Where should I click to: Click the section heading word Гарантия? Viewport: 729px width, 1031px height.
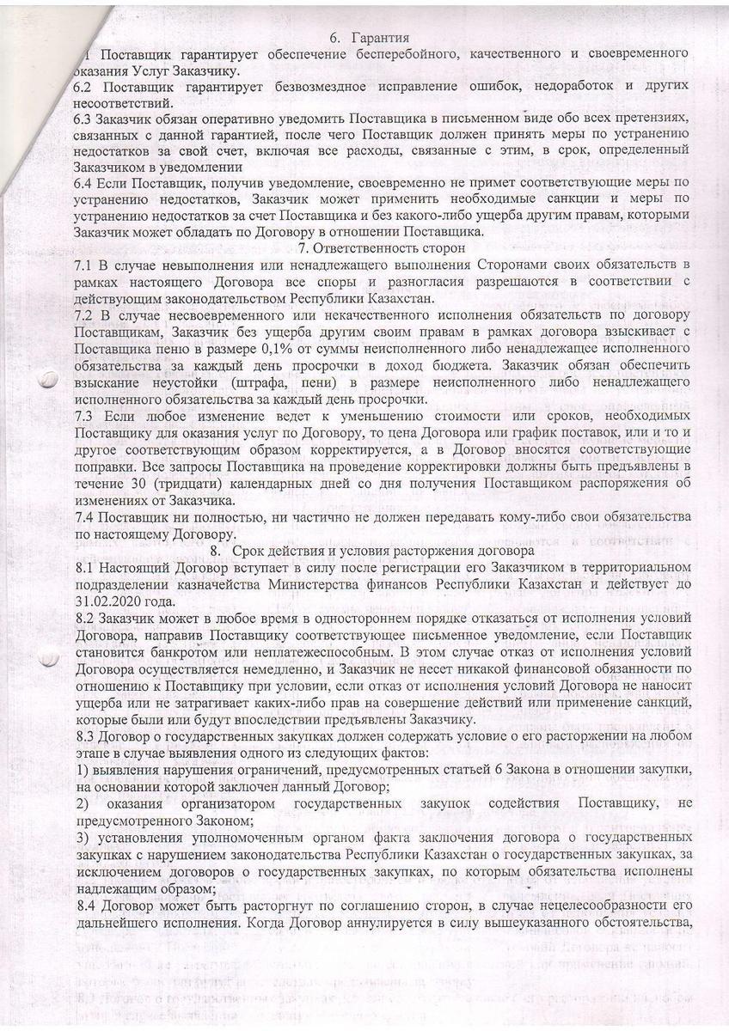click(x=379, y=38)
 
